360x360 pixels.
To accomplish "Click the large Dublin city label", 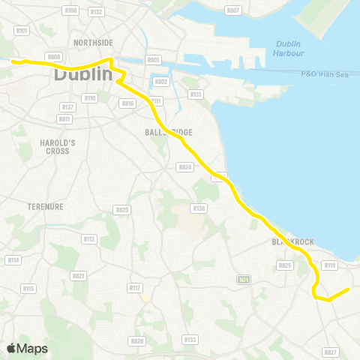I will [82, 76].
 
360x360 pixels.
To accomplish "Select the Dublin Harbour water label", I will [289, 49].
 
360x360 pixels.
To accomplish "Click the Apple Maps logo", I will [27, 348].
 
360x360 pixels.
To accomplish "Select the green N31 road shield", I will [244, 280].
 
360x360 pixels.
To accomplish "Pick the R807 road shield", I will [233, 10].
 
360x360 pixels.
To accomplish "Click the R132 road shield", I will [96, 12].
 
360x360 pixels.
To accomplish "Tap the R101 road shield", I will [22, 31].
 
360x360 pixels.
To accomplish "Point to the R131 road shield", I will [196, 94].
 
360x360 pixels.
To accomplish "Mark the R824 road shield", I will [184, 166].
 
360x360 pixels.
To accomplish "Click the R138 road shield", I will [199, 208].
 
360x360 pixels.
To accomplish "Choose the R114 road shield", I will [13, 259].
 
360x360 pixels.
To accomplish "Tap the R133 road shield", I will [190, 340].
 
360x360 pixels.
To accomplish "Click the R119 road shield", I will [329, 265].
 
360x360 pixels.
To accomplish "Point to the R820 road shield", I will [122, 210].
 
